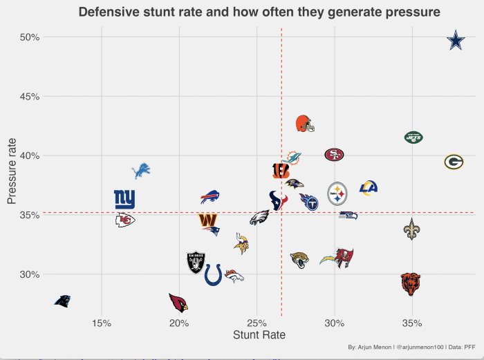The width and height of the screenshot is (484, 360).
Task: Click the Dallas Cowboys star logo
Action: point(456,41)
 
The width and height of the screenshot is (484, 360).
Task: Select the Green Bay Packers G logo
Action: point(454,162)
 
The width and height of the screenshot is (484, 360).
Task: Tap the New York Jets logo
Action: point(413,138)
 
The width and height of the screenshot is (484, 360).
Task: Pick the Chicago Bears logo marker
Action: point(411,283)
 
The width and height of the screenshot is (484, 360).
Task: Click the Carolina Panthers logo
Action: point(63,301)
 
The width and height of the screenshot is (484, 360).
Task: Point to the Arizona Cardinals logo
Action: point(178,303)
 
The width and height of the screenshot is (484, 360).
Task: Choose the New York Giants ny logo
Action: point(124,199)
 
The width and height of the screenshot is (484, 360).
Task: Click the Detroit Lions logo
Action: point(141,170)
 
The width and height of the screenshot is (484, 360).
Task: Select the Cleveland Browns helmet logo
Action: point(304,124)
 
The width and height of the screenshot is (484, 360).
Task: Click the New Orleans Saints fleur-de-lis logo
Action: point(411,229)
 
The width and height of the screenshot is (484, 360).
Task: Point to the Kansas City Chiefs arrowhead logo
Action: point(124,220)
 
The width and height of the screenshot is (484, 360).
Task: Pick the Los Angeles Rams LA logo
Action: point(369,187)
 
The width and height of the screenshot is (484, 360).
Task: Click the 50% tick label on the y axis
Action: point(28,37)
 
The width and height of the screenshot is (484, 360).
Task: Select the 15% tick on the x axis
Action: point(102,323)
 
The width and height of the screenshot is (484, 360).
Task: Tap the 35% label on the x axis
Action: point(412,323)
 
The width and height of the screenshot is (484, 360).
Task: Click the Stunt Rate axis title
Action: point(259,335)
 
